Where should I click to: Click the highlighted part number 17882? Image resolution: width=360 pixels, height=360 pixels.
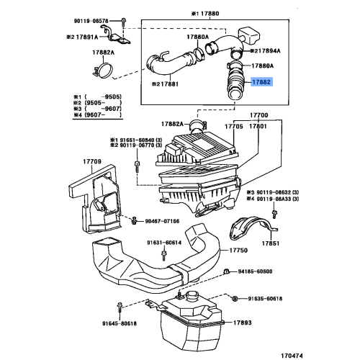(x=262, y=84)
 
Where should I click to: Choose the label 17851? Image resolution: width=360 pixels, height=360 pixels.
(x=270, y=244)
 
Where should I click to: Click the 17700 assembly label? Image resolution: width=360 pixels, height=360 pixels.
(x=258, y=114)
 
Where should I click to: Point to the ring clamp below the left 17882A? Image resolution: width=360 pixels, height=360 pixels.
(x=104, y=71)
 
